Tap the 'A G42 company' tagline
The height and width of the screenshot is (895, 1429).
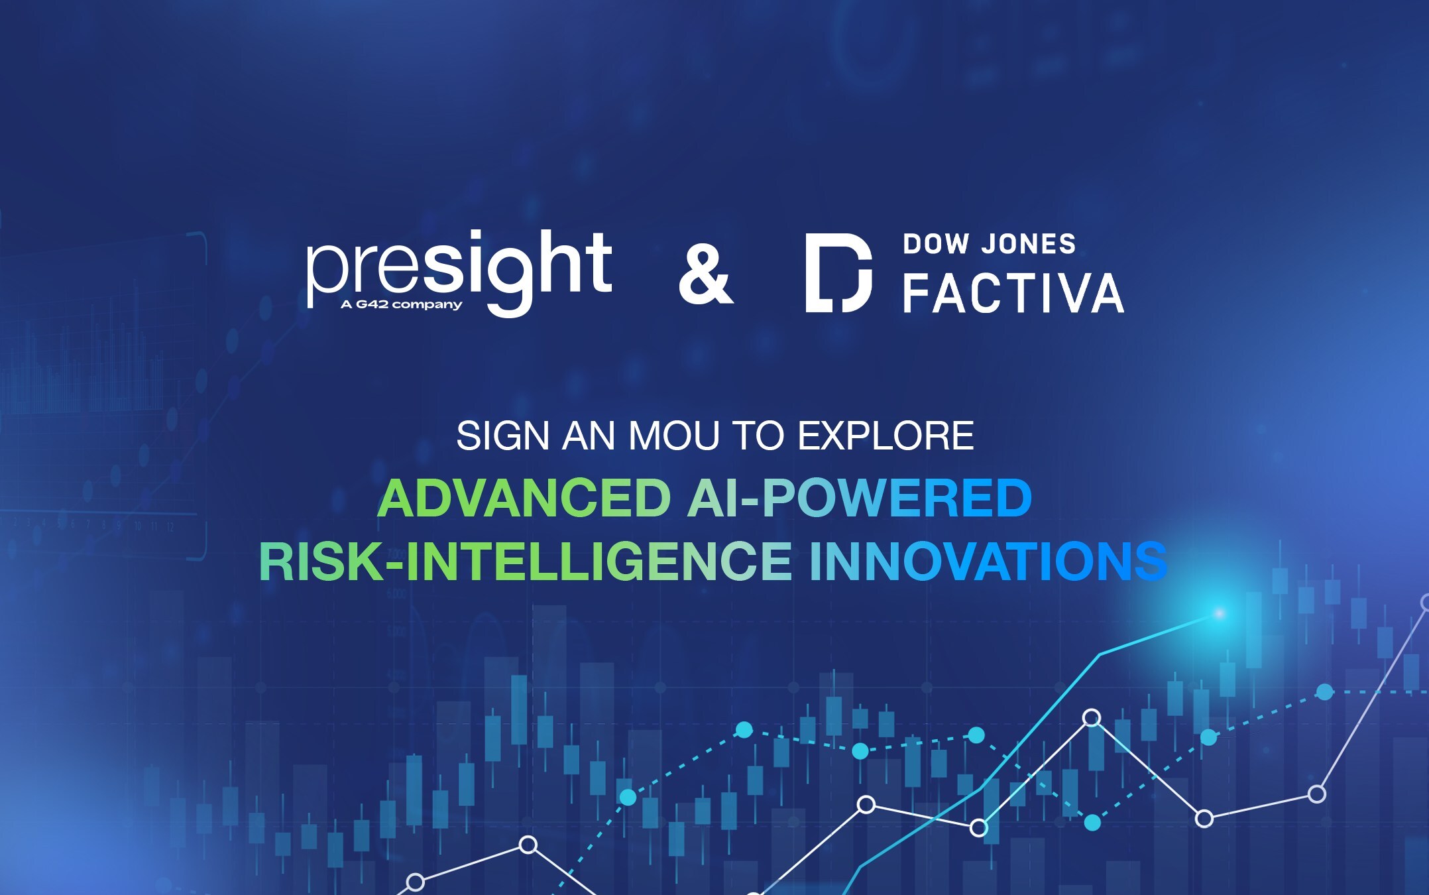pos(401,304)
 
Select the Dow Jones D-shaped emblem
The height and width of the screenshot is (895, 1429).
pos(838,272)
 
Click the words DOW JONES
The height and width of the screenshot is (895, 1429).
pos(990,244)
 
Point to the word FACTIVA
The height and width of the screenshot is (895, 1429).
pos(1013,294)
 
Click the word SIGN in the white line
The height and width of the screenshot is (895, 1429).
pos(503,436)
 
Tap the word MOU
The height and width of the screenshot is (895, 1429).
pos(673,436)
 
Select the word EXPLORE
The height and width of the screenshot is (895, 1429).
pos(886,436)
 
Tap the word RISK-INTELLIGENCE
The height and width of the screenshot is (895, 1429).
pos(525,561)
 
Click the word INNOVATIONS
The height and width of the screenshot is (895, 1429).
pos(988,561)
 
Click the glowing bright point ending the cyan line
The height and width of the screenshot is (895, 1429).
pos(1219,614)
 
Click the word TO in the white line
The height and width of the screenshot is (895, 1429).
pos(758,436)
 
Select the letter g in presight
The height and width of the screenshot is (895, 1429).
pos(509,282)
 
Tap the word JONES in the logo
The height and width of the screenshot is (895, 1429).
pos(1029,244)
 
